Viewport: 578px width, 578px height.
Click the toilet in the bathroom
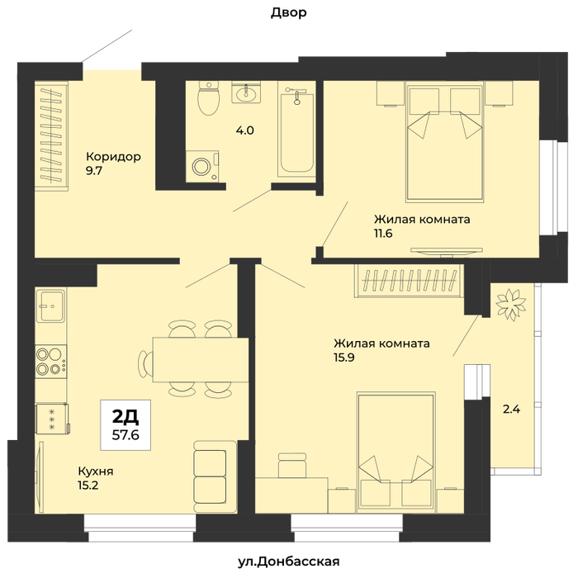(x=209, y=97)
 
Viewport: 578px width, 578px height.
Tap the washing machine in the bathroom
(x=202, y=166)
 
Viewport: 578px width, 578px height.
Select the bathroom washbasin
(x=246, y=92)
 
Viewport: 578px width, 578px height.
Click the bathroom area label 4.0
(x=245, y=130)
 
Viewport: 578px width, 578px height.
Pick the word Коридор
(x=114, y=157)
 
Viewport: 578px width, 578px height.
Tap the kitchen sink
(x=51, y=306)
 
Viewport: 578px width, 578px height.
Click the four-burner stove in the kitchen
(x=51, y=362)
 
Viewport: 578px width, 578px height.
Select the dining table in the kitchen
(x=201, y=360)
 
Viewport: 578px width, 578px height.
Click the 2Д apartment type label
(x=126, y=417)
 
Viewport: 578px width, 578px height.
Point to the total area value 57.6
(x=126, y=435)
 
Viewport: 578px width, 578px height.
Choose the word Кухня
(x=96, y=471)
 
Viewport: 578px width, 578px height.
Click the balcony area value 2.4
(x=512, y=410)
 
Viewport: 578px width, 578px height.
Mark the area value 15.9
(x=344, y=358)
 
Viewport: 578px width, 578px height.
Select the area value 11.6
(x=383, y=234)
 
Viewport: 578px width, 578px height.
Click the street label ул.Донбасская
(x=289, y=561)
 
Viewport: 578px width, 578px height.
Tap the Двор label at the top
(x=289, y=13)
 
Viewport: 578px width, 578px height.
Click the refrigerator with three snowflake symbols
(x=52, y=419)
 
